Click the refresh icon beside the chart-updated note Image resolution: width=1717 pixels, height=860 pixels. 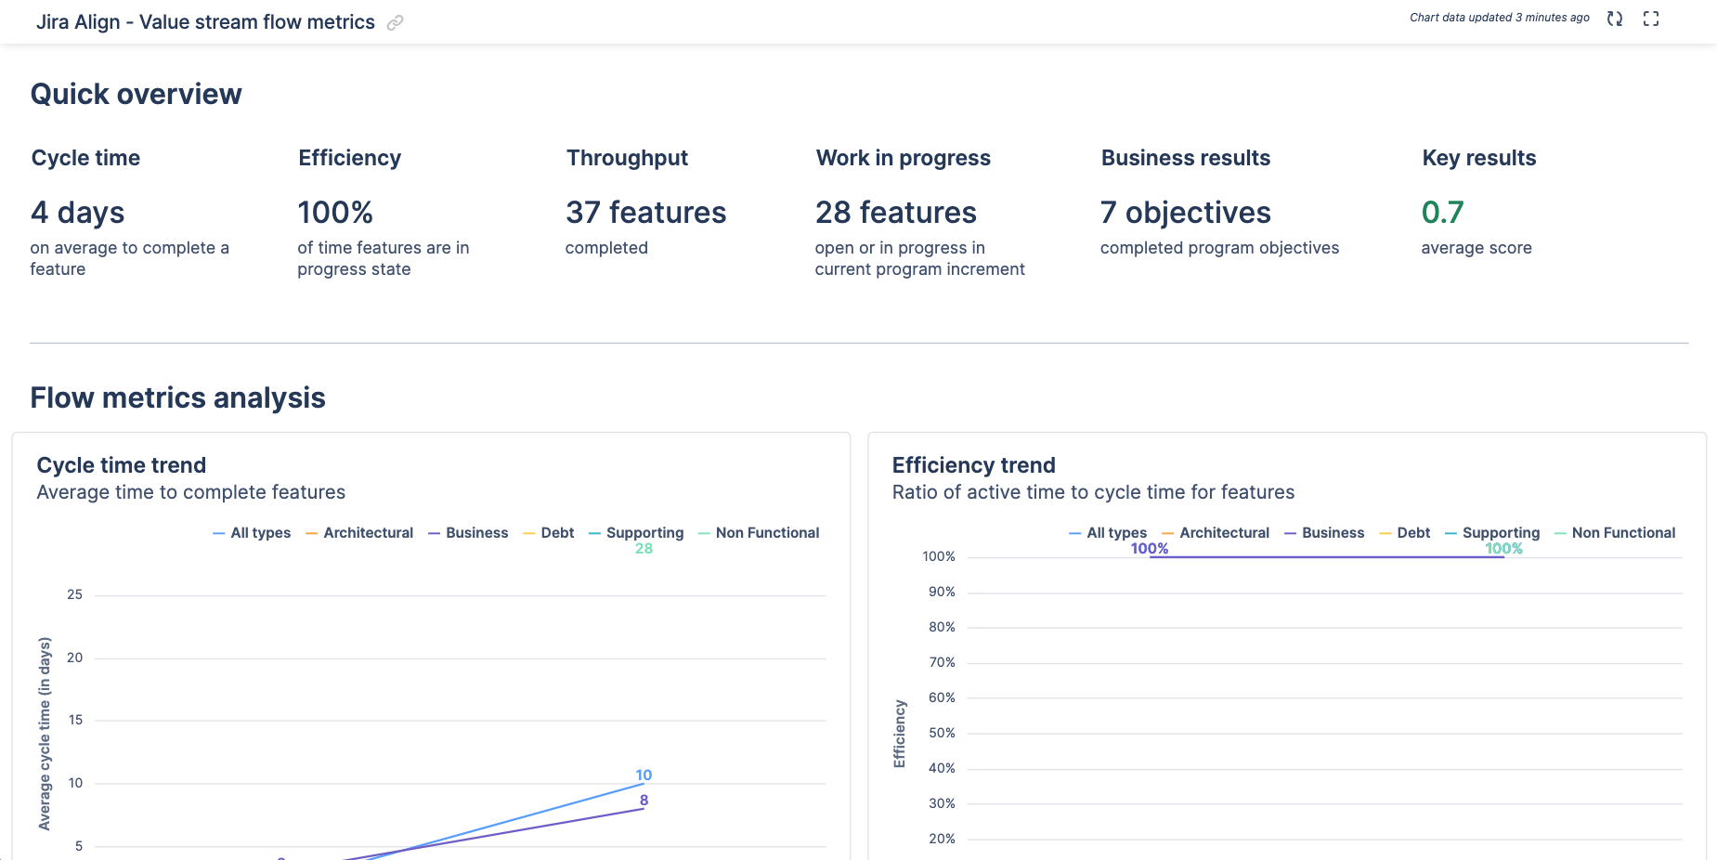(1615, 19)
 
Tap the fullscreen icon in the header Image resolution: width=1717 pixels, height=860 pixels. (1651, 19)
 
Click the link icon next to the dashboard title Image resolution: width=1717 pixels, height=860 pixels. (395, 23)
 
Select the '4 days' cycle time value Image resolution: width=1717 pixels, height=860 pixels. (78, 213)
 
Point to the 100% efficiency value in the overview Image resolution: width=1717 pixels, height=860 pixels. (335, 213)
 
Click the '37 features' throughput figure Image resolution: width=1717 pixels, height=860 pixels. (645, 213)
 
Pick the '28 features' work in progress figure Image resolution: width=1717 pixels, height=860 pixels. (895, 213)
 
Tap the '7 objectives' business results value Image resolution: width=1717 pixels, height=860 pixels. (1185, 213)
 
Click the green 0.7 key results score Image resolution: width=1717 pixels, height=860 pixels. (1442, 213)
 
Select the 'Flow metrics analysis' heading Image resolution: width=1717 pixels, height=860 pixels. (177, 397)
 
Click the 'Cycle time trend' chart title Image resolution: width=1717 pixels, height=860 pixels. (122, 465)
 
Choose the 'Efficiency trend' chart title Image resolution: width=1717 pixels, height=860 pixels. (973, 465)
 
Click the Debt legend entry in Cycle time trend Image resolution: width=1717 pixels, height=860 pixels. (549, 533)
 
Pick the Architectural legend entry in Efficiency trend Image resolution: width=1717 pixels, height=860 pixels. (1216, 533)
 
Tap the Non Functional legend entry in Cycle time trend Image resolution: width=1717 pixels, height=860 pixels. (759, 533)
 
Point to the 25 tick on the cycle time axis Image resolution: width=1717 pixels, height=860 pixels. (75, 594)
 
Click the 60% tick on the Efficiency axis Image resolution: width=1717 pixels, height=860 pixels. (942, 697)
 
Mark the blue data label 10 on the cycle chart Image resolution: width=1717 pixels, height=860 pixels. (644, 775)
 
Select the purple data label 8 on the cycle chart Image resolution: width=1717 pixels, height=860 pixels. (644, 800)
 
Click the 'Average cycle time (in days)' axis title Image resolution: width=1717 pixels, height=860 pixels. (45, 734)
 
